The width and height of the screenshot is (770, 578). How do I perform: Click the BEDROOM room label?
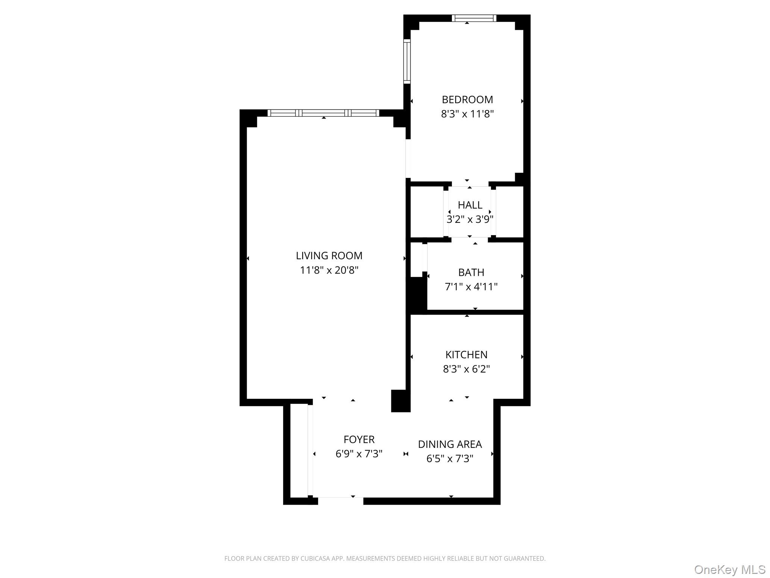pyautogui.click(x=467, y=100)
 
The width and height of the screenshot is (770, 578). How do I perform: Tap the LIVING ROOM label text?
pyautogui.click(x=329, y=256)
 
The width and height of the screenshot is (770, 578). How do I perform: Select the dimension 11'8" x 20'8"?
pyautogui.click(x=329, y=270)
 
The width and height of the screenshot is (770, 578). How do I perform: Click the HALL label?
pyautogui.click(x=470, y=205)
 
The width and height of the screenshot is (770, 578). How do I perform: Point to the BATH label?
pyautogui.click(x=471, y=272)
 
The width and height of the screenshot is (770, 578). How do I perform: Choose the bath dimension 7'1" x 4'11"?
pyautogui.click(x=471, y=287)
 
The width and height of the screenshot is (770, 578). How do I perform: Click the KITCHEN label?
pyautogui.click(x=466, y=355)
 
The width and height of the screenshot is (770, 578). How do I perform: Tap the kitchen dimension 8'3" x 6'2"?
pyautogui.click(x=466, y=369)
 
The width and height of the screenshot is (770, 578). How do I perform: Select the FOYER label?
pyautogui.click(x=359, y=440)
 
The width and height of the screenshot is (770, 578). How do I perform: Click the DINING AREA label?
pyautogui.click(x=450, y=444)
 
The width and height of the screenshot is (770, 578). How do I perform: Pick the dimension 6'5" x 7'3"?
pyautogui.click(x=450, y=459)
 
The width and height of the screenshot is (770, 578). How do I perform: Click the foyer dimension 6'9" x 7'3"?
pyautogui.click(x=359, y=454)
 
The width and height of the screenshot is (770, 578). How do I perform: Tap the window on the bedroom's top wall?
pyautogui.click(x=474, y=18)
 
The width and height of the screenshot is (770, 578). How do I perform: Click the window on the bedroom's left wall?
pyautogui.click(x=407, y=61)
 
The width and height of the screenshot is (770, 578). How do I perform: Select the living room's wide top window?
pyautogui.click(x=323, y=113)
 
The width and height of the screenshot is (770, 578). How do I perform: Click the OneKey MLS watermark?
pyautogui.click(x=729, y=570)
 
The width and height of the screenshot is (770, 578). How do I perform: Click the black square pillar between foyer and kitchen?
pyautogui.click(x=400, y=401)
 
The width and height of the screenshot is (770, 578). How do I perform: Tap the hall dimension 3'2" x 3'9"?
pyautogui.click(x=470, y=219)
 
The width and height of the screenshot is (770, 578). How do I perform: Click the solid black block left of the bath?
pyautogui.click(x=417, y=295)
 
